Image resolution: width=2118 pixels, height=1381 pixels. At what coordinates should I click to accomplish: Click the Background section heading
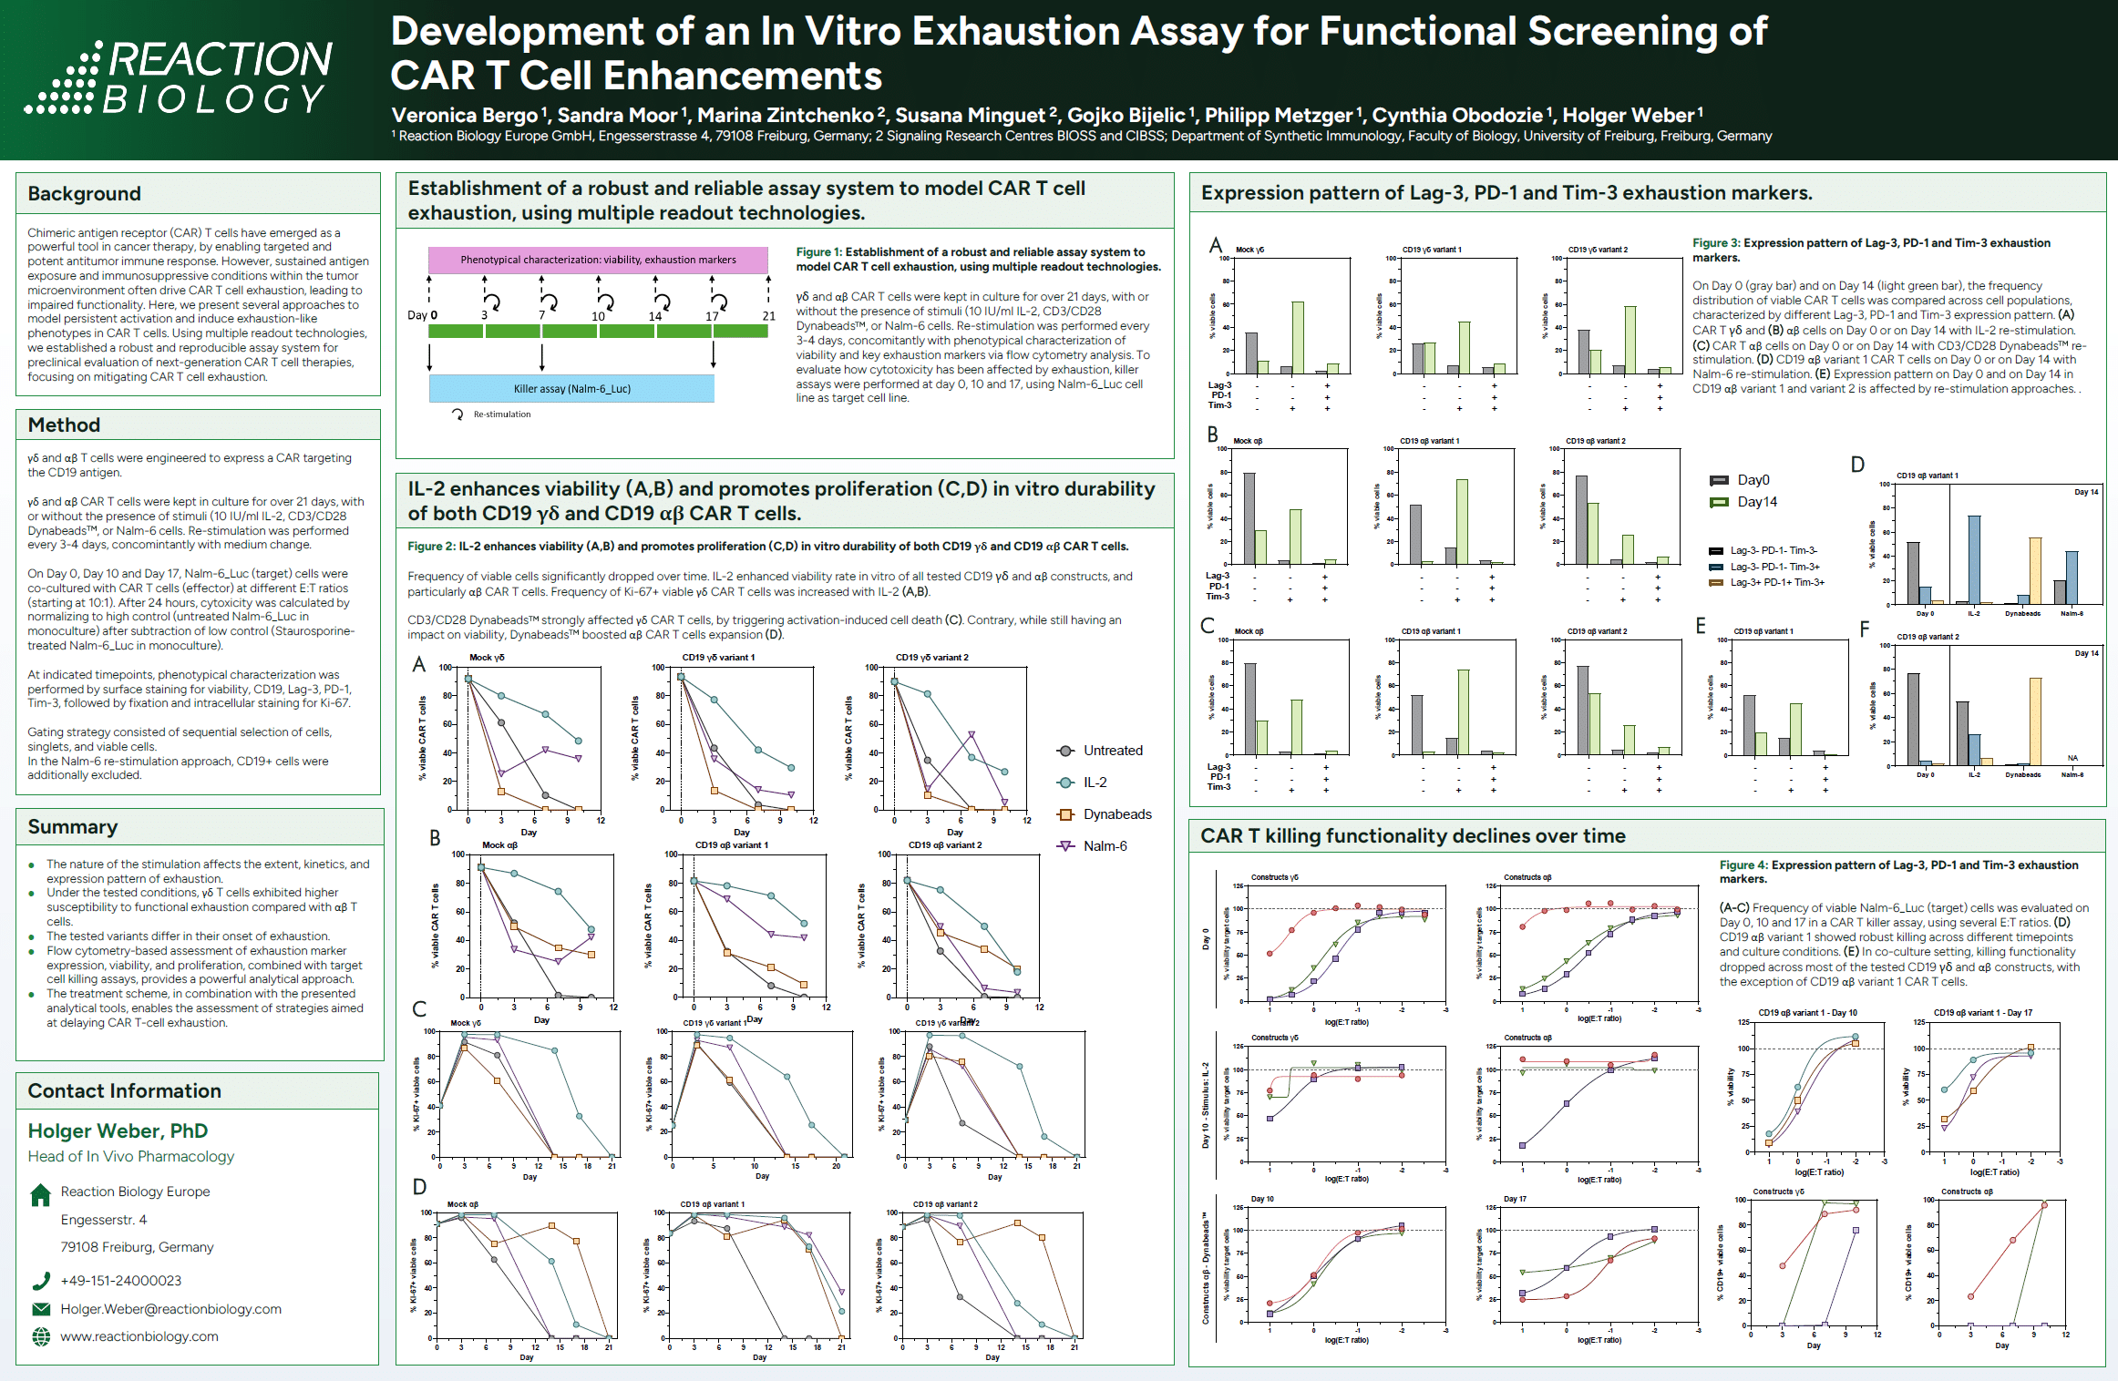[x=85, y=194]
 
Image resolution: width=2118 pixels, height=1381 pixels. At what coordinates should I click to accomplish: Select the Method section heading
[x=64, y=425]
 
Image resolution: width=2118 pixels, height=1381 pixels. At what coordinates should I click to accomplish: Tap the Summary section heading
[x=73, y=827]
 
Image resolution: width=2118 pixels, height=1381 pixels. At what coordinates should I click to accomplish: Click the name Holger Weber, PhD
[x=118, y=1131]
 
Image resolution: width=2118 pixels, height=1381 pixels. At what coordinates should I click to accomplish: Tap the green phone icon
[x=41, y=1281]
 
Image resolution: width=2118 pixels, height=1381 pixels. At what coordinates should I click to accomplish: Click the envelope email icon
[x=41, y=1309]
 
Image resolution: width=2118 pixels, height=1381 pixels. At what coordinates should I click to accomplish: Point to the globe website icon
[x=41, y=1336]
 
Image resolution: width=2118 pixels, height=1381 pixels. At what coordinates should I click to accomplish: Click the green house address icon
[x=41, y=1195]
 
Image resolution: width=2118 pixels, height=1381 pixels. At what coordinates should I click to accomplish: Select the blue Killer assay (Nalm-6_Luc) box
[x=571, y=389]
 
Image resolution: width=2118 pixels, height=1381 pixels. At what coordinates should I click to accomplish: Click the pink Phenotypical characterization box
[x=598, y=260]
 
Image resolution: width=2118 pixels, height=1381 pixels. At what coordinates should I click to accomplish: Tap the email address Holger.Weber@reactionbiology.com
[x=170, y=1309]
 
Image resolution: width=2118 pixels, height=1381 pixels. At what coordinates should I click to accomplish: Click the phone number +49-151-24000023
[x=121, y=1281]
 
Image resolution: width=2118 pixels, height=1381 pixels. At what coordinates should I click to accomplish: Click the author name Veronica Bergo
[x=465, y=116]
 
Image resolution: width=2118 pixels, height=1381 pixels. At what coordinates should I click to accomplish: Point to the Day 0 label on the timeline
[x=422, y=315]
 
